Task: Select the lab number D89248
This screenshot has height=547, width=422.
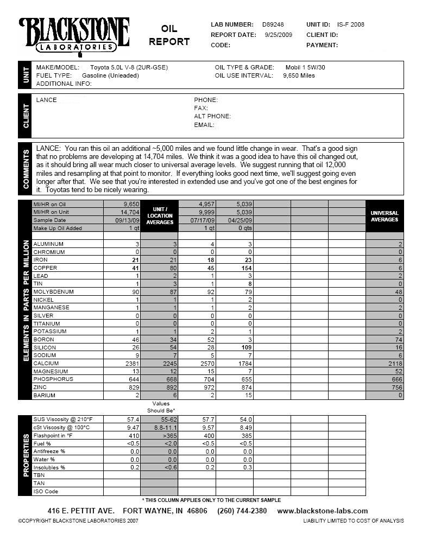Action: pyautogui.click(x=273, y=24)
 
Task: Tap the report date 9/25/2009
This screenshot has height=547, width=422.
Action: pyautogui.click(x=279, y=35)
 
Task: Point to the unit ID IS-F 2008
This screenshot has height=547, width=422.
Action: pyautogui.click(x=350, y=24)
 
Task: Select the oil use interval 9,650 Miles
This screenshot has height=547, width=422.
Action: pyautogui.click(x=299, y=75)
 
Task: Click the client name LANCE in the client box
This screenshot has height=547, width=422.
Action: pyautogui.click(x=47, y=100)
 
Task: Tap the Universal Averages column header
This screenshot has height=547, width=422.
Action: pyautogui.click(x=385, y=216)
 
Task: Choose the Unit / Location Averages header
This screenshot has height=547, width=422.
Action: pyautogui.click(x=160, y=215)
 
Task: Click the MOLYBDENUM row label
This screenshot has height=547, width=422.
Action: pyautogui.click(x=53, y=292)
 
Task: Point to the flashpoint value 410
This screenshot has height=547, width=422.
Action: pyautogui.click(x=134, y=435)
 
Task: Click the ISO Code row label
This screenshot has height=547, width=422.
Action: pyautogui.click(x=46, y=492)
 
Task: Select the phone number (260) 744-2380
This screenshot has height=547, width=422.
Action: pyautogui.click(x=242, y=511)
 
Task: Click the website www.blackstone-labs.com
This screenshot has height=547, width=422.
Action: pyautogui.click(x=322, y=511)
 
